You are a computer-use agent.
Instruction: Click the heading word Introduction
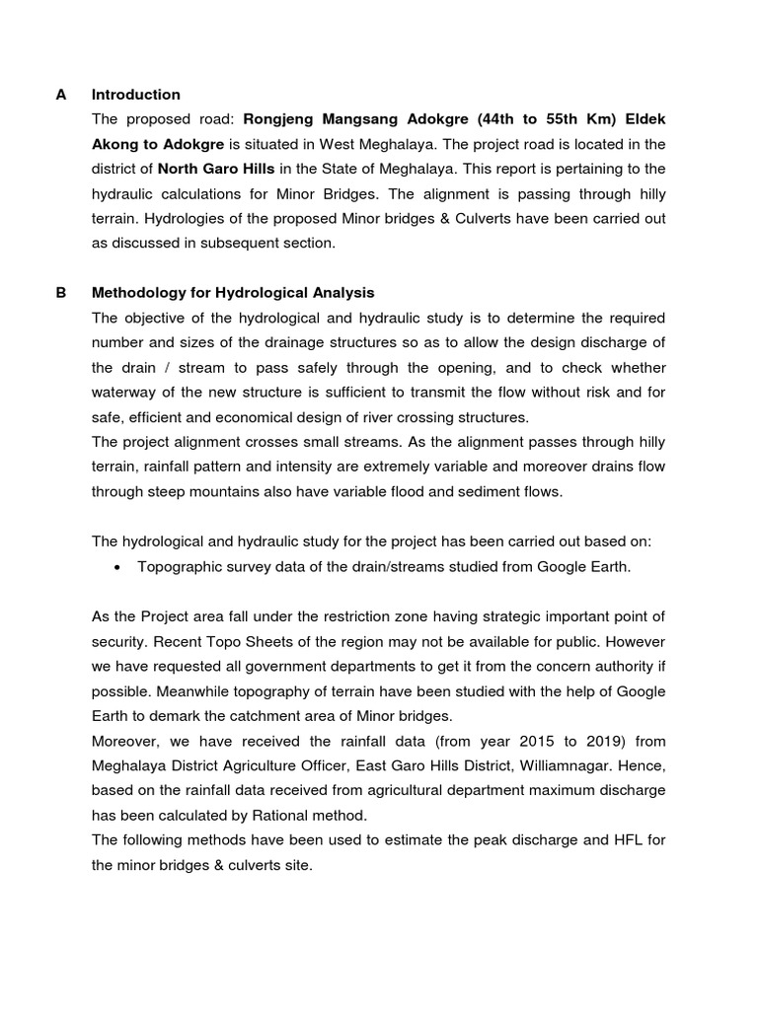(135, 95)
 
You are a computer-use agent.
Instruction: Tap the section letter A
(61, 95)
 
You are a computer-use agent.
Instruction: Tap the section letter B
(61, 293)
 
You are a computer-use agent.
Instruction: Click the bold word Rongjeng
(280, 119)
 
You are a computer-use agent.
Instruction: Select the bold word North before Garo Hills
(179, 169)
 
